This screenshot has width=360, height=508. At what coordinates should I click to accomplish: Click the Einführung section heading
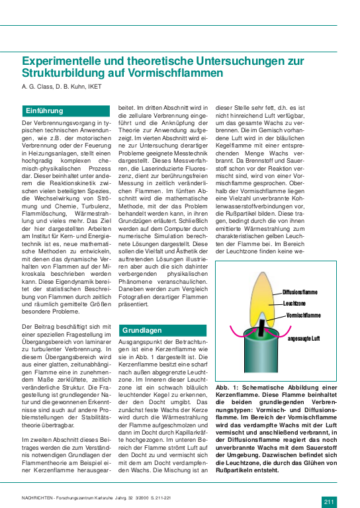click(x=44, y=111)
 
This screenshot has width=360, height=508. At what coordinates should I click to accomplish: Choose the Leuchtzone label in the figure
click(x=294, y=304)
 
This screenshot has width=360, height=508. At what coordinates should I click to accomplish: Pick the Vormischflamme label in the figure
click(x=304, y=316)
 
